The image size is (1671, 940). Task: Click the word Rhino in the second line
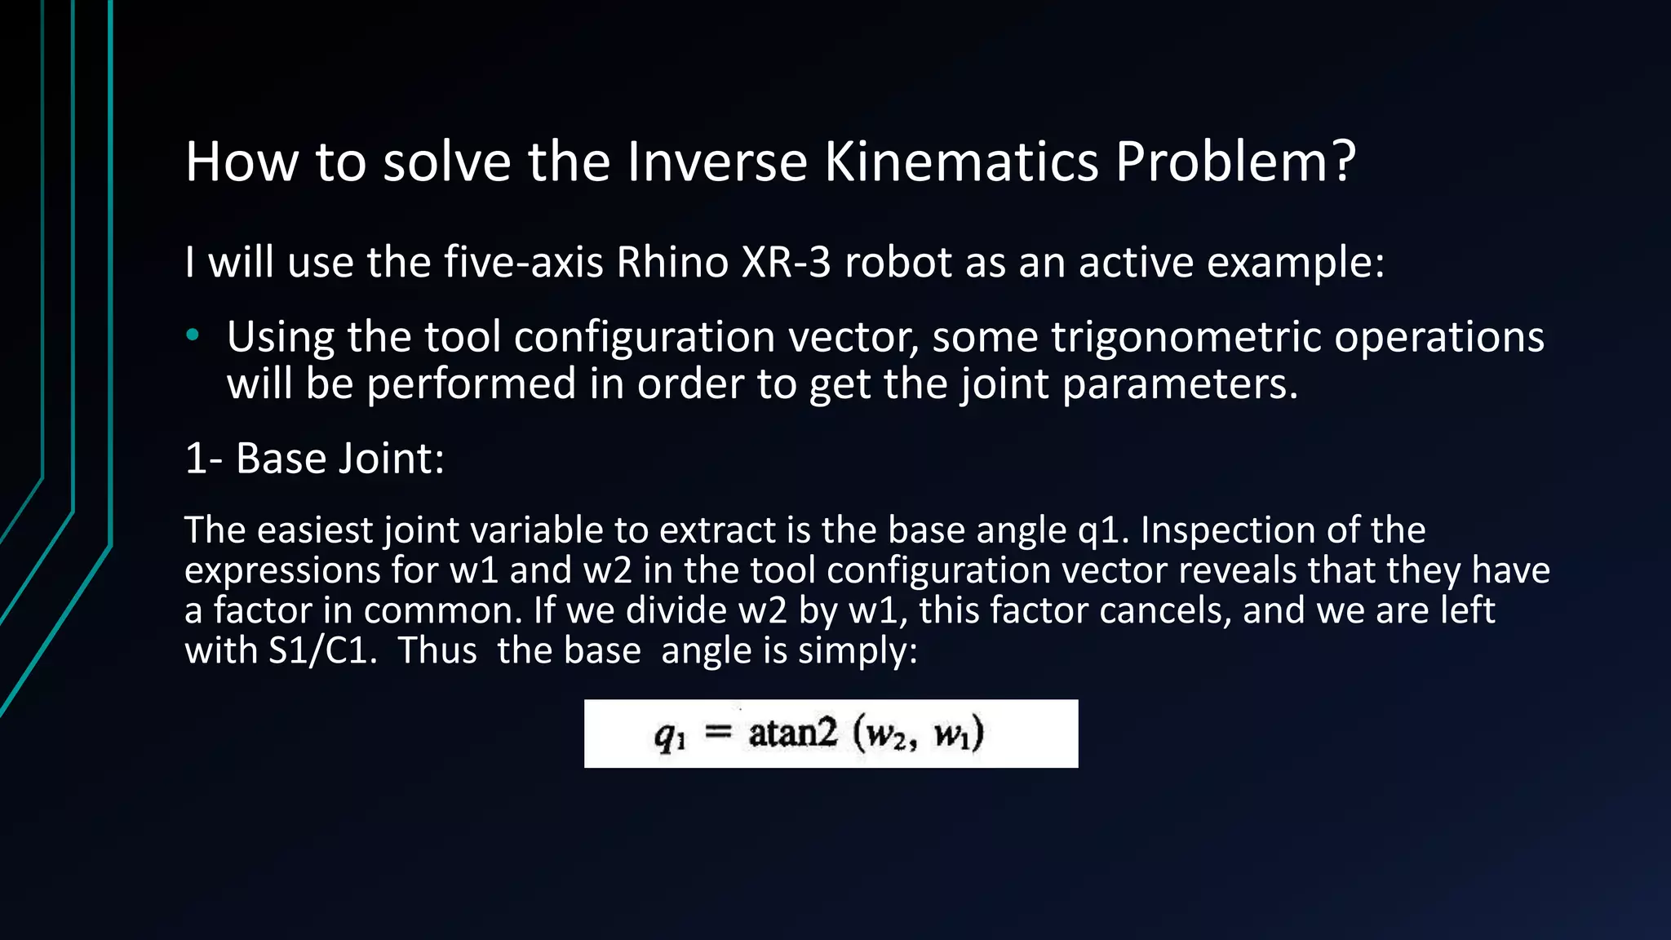672,263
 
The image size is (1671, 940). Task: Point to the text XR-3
786,263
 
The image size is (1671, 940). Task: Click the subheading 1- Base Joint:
315,459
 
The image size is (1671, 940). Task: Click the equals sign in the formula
718,733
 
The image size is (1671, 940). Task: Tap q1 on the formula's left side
670,736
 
